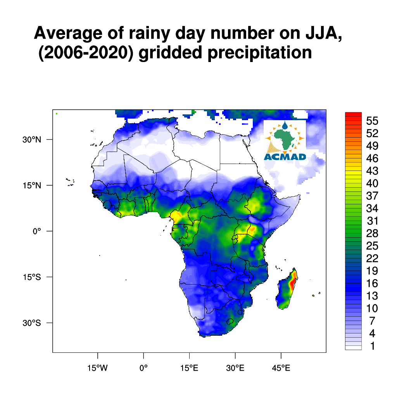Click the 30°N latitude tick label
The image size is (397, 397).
[32, 140]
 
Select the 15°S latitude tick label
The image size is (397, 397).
[32, 277]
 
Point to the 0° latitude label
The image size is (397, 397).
[37, 231]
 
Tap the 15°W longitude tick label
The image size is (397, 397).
[97, 368]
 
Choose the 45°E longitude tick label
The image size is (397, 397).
[281, 368]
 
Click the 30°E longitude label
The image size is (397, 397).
[235, 368]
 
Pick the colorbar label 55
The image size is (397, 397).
[372, 121]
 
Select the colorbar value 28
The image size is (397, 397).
[372, 233]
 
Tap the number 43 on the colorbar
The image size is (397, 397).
[372, 171]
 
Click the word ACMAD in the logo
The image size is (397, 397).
[285, 157]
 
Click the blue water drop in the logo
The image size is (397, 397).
[285, 125]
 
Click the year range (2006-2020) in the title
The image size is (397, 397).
[86, 53]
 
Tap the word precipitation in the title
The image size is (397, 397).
[260, 53]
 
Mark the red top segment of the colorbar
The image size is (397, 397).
[353, 114]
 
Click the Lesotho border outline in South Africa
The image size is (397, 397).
[230, 321]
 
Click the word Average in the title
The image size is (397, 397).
[68, 33]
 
